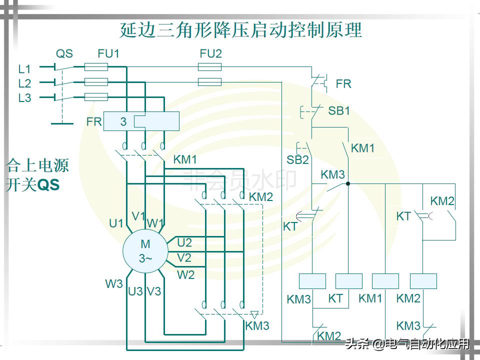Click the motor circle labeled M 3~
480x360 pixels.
(145, 251)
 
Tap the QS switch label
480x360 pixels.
(64, 53)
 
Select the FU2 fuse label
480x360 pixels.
(210, 53)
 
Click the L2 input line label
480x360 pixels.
(24, 83)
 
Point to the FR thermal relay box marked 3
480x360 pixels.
(141, 121)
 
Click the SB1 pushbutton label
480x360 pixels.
(339, 111)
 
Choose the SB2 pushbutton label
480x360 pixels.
(297, 160)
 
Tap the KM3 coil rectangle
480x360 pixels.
(312, 281)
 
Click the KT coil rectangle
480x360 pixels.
(348, 281)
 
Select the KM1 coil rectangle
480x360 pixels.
(385, 281)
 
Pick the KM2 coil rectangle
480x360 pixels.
(423, 281)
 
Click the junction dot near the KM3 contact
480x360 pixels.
(348, 183)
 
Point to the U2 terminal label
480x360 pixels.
(184, 243)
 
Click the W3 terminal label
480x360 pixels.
(113, 283)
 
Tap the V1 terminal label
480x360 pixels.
(138, 216)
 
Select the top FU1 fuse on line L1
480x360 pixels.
(96, 66)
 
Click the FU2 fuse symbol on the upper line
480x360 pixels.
(210, 66)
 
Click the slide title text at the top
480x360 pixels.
(240, 30)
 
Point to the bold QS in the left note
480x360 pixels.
(48, 185)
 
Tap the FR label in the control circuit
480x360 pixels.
(343, 84)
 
